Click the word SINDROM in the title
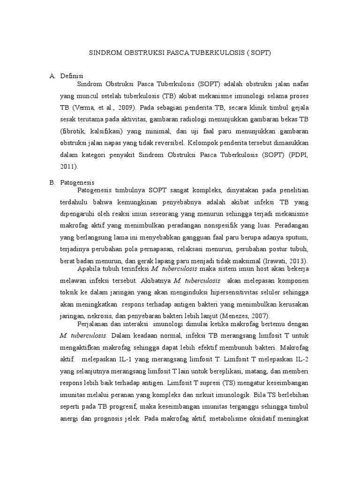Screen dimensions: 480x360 pos(104,53)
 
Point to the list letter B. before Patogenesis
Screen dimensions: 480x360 pos(52,182)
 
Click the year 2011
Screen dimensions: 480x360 pos(67,166)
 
